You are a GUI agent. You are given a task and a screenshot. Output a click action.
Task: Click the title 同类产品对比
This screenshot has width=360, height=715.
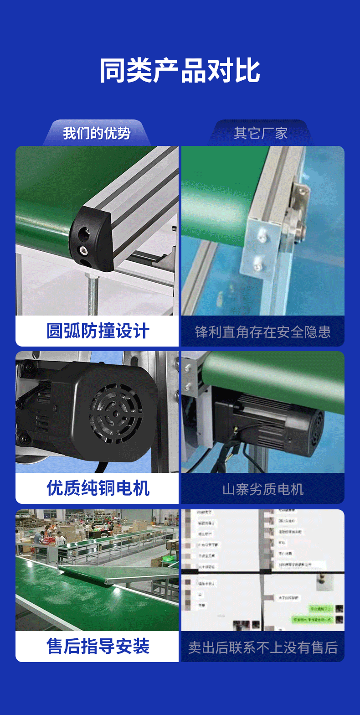[180, 71]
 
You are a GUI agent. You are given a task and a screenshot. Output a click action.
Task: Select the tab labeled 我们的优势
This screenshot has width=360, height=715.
[97, 133]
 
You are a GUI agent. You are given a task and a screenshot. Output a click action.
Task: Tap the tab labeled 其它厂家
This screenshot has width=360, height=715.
[261, 133]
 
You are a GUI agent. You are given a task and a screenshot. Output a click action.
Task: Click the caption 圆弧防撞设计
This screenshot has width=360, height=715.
[98, 331]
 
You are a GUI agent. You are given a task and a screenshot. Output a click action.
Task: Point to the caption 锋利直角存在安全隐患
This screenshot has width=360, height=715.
[262, 332]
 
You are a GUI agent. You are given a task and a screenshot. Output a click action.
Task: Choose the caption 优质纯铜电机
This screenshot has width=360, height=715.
[98, 488]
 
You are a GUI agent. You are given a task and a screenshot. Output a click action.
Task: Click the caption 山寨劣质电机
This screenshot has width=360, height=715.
[262, 489]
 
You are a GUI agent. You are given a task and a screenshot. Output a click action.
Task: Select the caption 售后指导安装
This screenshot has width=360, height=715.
[98, 646]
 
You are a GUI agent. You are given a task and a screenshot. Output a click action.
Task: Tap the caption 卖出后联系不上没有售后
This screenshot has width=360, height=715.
[262, 647]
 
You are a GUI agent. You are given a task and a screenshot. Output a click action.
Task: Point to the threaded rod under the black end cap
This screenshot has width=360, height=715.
[92, 294]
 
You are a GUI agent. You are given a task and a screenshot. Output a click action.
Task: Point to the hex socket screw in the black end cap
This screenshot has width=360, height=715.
[84, 250]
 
